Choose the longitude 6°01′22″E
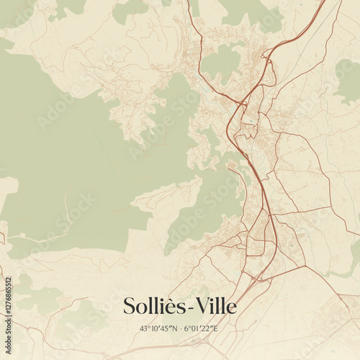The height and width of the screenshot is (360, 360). pyautogui.click(x=201, y=329)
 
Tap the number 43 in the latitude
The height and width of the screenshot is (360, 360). pyautogui.click(x=143, y=329)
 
